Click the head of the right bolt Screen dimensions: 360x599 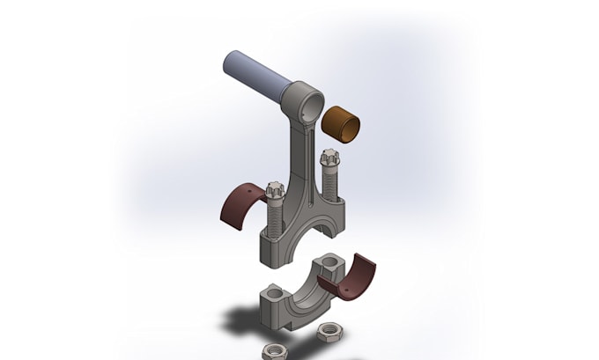329,159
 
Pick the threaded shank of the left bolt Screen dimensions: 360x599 273,216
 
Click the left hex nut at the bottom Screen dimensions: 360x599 274,351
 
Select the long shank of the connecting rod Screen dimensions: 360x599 300,158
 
